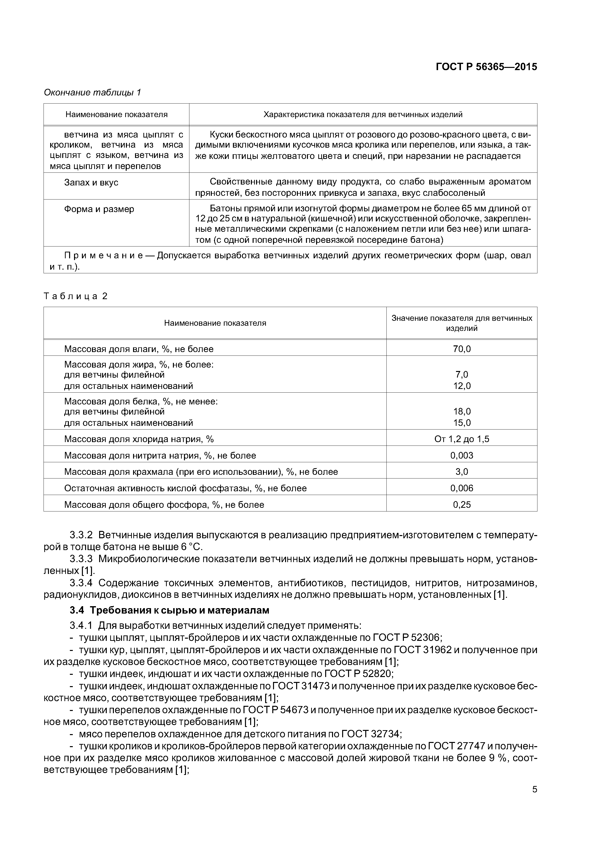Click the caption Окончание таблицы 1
coord(92,92)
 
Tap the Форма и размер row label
coord(99,209)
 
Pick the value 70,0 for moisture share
coord(461,349)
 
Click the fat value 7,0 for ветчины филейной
coord(461,374)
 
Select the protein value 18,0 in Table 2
coord(461,411)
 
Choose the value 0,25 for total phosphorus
coord(461,504)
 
